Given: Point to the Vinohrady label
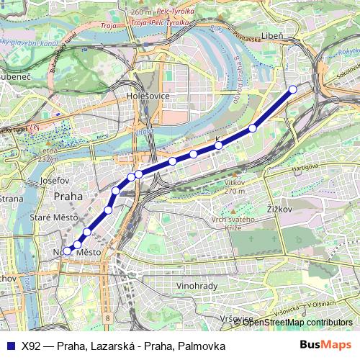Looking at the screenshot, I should (197, 286).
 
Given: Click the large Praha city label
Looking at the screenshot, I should (68, 195).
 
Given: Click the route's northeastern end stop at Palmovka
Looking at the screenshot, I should (292, 89).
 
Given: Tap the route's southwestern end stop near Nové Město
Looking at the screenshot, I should (68, 251).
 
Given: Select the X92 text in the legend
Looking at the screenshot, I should (31, 346).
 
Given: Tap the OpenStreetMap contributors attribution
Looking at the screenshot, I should (298, 322).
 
